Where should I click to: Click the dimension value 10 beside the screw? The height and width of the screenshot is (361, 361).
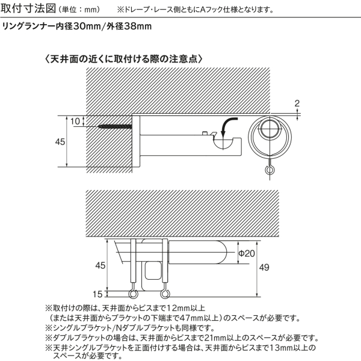(x=75, y=122)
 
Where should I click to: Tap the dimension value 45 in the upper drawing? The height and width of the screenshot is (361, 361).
(x=60, y=142)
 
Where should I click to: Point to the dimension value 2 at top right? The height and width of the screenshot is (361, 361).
(x=297, y=103)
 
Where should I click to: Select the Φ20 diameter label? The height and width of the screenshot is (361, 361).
(x=247, y=253)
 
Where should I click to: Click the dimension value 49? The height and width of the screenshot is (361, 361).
(x=264, y=267)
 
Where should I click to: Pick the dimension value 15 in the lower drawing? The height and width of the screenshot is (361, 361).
(x=97, y=294)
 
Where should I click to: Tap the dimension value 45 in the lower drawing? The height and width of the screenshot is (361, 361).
(x=100, y=265)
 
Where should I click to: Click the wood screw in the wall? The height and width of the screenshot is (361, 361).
(x=115, y=126)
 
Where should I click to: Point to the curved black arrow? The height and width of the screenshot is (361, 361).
(x=227, y=126)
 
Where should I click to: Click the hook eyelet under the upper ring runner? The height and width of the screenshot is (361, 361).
(x=270, y=170)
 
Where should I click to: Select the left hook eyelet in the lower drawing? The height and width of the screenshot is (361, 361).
(x=133, y=294)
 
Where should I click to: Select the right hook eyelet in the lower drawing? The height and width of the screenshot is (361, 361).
(x=165, y=294)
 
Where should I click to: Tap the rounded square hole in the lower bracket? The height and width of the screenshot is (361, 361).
(x=153, y=271)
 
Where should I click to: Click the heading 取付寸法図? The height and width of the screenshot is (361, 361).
(x=28, y=8)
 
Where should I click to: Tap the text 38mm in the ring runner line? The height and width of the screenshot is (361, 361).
(x=138, y=26)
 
